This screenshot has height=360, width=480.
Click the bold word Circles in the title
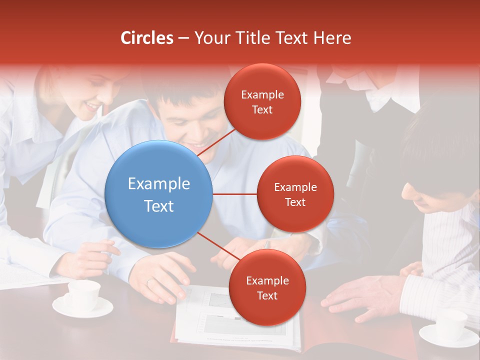click(146, 38)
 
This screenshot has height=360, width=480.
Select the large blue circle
click(159, 194)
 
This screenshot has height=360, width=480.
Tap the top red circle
click(262, 101)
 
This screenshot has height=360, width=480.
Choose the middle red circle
click(295, 194)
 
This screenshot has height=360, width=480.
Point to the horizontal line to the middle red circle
click(235, 194)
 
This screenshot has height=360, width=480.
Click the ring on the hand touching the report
click(148, 282)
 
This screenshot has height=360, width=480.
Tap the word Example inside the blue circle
click(159, 183)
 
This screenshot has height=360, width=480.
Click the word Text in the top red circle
click(262, 109)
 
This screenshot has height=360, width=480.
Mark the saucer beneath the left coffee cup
click(82, 308)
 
